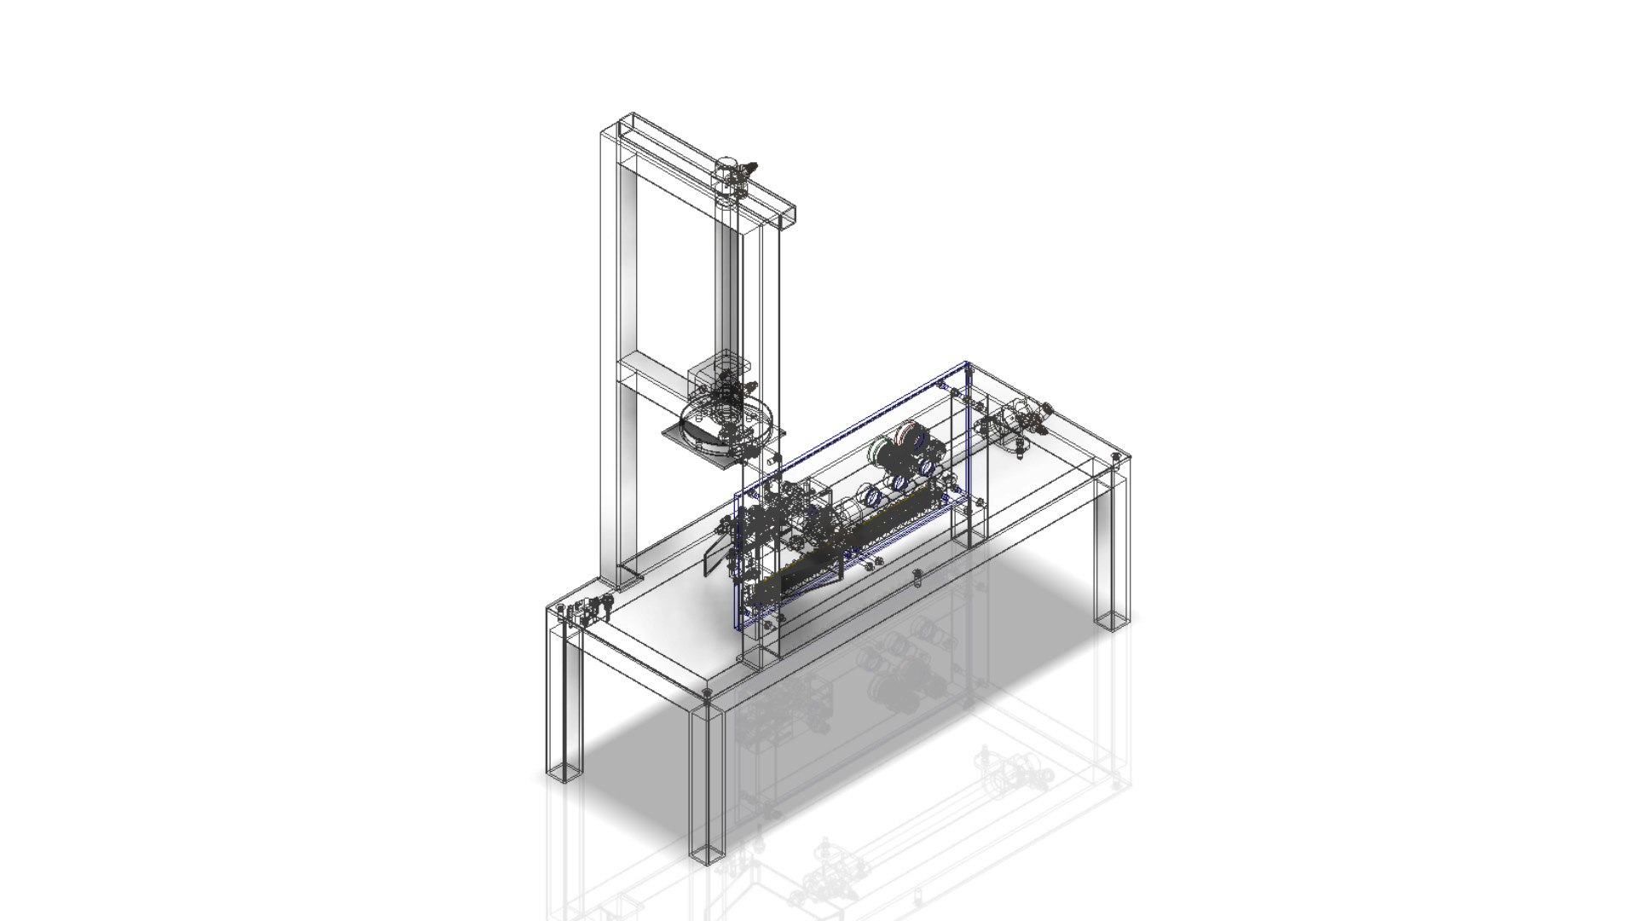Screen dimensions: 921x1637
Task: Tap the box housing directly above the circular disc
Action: [x=713, y=375]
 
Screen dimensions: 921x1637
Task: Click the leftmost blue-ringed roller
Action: [x=871, y=495]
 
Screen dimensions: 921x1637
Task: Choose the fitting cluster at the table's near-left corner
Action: [x=583, y=610]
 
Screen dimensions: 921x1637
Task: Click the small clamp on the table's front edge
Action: [x=917, y=577]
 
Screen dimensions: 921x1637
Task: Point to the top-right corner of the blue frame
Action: [x=967, y=365]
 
